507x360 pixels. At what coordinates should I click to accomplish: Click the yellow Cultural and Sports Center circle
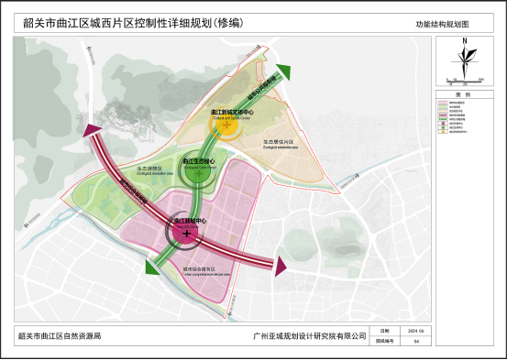click(226, 124)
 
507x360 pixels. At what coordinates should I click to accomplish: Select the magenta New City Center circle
click(187, 233)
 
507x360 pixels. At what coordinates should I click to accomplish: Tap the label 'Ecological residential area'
click(276, 143)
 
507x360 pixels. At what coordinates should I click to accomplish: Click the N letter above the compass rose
click(465, 41)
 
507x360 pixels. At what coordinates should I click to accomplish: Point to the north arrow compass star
click(465, 59)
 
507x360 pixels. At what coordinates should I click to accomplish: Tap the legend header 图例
click(465, 94)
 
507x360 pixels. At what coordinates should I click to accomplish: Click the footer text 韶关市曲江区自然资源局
click(59, 336)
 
